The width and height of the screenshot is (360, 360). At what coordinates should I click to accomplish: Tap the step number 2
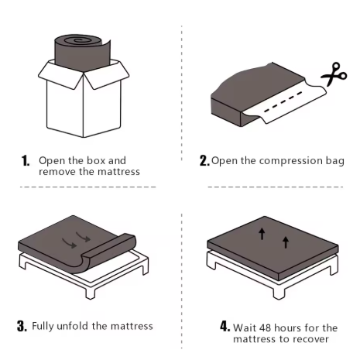204,161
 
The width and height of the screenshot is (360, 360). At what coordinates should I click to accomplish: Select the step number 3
22,326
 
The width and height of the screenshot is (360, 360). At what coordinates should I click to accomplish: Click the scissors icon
336,75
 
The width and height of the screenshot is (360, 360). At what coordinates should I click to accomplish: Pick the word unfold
80,326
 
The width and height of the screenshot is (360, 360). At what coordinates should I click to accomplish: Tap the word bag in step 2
333,161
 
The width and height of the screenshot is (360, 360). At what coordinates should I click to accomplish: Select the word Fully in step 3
44,326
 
